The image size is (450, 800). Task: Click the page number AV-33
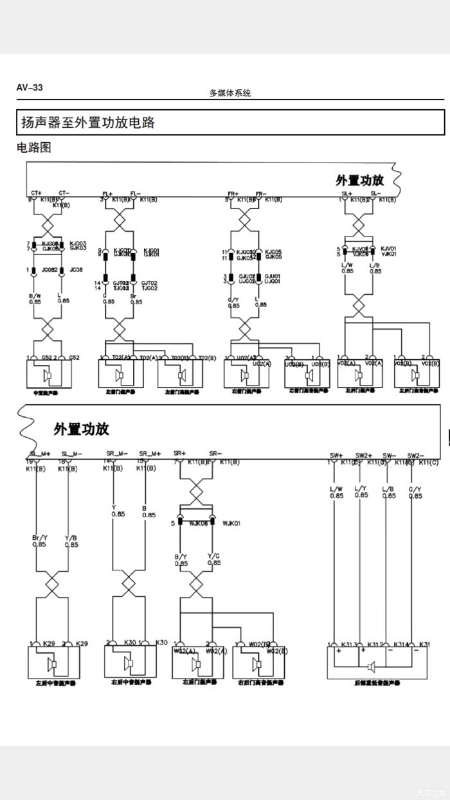(x=30, y=87)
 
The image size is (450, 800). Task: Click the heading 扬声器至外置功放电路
(x=88, y=122)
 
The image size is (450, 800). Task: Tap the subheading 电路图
(x=33, y=147)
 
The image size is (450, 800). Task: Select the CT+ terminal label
(x=36, y=193)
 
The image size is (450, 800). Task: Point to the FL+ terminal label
(x=107, y=193)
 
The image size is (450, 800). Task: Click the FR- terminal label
(x=261, y=193)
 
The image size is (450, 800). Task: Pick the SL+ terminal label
(x=347, y=193)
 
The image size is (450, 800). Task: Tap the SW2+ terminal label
(x=364, y=456)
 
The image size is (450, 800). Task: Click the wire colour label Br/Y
(x=39, y=538)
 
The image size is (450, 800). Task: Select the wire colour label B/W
(x=36, y=296)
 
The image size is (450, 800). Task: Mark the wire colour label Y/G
(x=214, y=556)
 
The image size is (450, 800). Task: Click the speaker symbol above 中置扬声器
(x=47, y=375)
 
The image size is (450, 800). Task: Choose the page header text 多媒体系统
(x=230, y=93)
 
